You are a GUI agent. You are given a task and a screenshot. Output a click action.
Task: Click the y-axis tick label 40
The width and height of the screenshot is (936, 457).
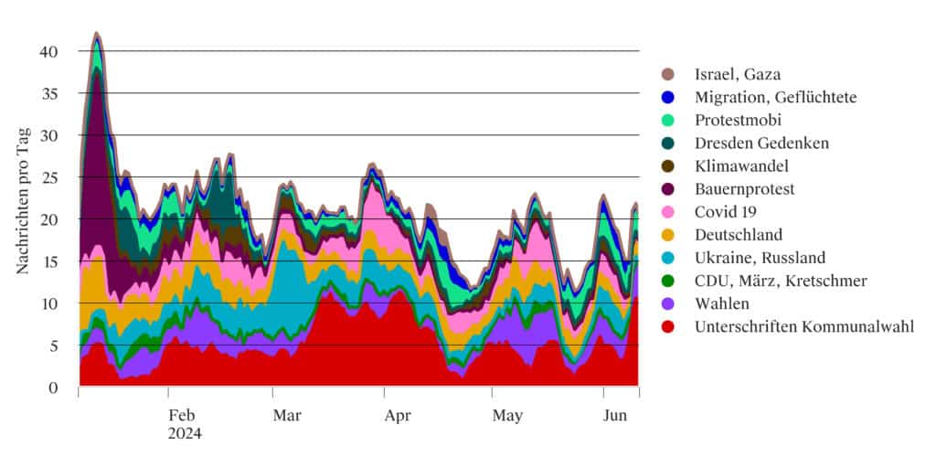coord(49,51)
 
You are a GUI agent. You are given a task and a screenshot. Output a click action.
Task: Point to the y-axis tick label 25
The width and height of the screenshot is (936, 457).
coord(49,177)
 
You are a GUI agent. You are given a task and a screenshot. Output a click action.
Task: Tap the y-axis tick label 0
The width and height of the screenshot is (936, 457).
coord(53,388)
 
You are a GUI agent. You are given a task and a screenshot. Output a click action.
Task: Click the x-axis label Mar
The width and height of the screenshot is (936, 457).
coord(289,415)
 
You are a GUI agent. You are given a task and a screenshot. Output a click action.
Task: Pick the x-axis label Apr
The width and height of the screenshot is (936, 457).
coord(397,415)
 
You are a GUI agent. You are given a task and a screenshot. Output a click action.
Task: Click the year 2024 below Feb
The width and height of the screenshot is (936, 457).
coord(185,433)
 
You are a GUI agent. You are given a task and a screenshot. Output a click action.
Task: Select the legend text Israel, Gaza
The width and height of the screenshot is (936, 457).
coord(736,74)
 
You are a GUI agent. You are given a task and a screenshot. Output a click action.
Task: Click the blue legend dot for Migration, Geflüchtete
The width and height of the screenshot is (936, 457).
coord(668,97)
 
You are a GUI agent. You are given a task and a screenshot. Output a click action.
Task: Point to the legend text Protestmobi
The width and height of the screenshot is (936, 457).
coord(739,120)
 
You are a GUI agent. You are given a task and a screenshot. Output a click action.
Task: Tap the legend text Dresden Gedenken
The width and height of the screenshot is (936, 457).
coord(761,143)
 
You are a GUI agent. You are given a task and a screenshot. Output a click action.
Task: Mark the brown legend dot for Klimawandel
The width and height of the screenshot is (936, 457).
coord(668,165)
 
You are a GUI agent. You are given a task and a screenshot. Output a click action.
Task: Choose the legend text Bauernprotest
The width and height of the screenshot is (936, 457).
coord(745,188)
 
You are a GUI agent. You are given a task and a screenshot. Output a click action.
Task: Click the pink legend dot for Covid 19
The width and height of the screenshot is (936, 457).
coord(668,211)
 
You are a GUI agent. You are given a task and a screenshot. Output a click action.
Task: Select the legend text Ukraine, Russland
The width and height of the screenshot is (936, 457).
coord(760,257)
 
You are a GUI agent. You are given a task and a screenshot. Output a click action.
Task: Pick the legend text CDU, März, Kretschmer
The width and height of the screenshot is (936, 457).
coord(781,280)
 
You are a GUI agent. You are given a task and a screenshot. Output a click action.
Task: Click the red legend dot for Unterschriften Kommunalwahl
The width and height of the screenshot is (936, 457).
coord(668,326)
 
